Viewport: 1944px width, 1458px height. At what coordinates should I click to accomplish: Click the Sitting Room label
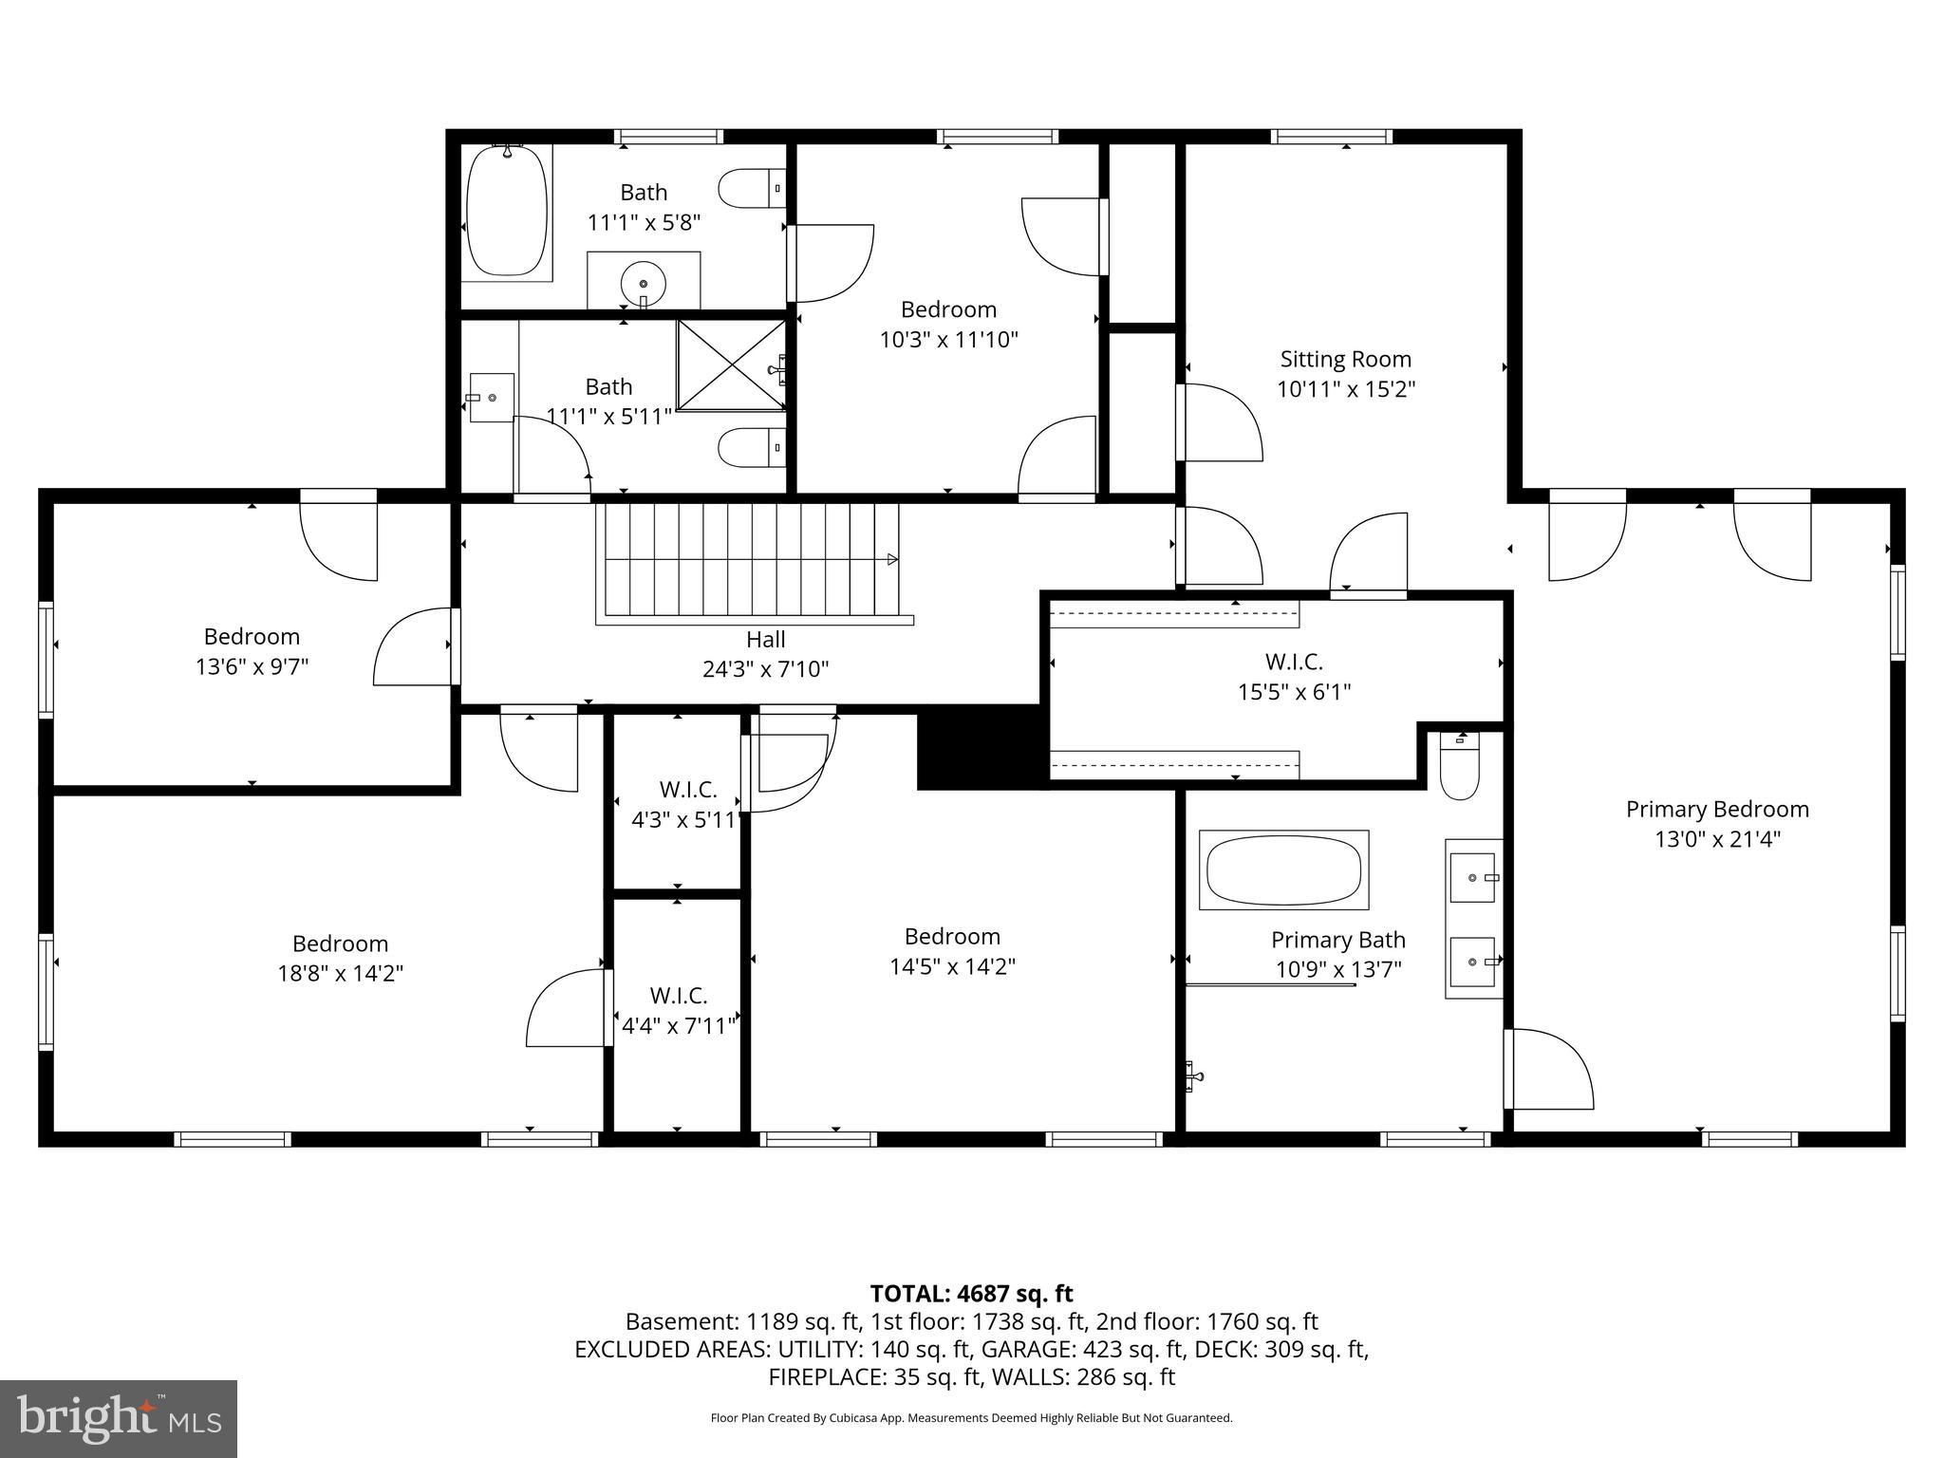point(1345,360)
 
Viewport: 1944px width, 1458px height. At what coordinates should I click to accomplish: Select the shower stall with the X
point(731,365)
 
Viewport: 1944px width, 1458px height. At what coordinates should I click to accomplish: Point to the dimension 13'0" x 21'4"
point(1717,839)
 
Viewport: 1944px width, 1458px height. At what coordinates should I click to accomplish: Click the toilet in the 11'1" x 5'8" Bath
point(751,189)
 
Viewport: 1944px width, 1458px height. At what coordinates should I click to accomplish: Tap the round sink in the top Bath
point(644,283)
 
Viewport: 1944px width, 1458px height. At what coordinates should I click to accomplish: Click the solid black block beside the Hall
point(978,748)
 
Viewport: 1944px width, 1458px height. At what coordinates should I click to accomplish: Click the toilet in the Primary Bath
point(1459,769)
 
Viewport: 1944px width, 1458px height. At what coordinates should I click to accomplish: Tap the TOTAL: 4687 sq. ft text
point(971,1294)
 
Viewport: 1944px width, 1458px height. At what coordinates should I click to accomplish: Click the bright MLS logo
point(119,1418)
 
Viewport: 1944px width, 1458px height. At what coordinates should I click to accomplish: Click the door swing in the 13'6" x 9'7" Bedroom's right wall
point(413,647)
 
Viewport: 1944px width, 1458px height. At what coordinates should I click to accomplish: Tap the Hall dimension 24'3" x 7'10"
point(765,669)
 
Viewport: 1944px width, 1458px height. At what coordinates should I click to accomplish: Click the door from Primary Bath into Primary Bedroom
point(1547,1069)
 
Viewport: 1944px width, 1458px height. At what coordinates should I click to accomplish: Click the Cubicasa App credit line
point(971,1418)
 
